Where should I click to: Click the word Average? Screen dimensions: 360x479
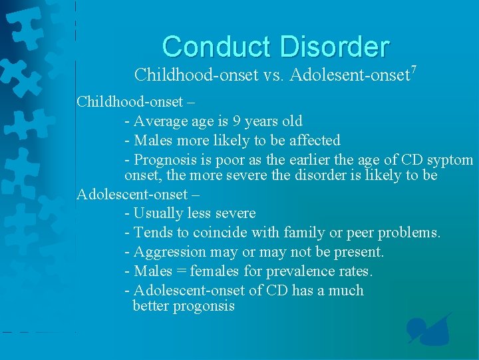pyautogui.click(x=161, y=121)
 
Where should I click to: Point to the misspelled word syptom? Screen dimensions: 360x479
pyautogui.click(x=452, y=161)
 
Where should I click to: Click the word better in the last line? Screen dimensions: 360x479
pyautogui.click(x=151, y=306)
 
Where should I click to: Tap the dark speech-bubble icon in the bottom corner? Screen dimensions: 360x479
pyautogui.click(x=429, y=330)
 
